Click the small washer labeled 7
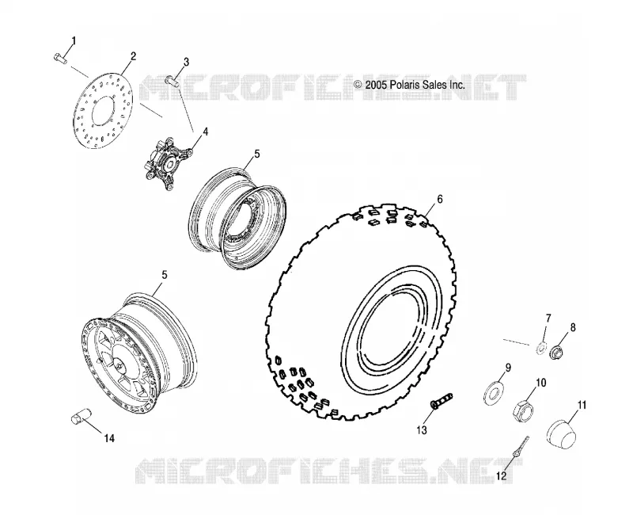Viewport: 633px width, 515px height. tap(541, 348)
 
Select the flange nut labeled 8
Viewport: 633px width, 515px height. tap(556, 351)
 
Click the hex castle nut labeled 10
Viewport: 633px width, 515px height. tap(524, 411)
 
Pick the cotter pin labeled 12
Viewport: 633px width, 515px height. tap(521, 446)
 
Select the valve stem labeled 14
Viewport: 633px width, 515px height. tap(82, 416)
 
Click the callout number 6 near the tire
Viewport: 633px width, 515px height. tap(440, 199)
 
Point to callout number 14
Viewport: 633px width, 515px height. tap(109, 438)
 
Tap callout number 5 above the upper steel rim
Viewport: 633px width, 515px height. tap(257, 154)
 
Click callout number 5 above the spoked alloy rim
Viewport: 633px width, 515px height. tap(165, 275)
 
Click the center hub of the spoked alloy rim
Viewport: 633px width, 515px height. tap(119, 364)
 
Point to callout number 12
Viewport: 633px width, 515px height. tap(501, 476)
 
